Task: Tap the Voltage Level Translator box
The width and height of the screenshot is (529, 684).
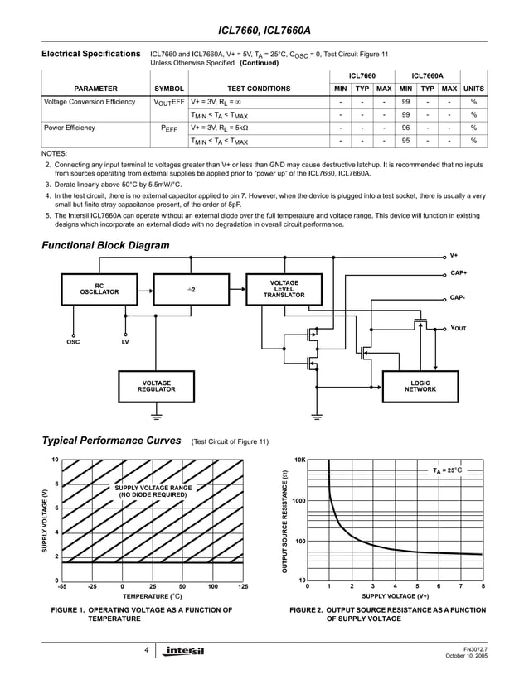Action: [284, 289]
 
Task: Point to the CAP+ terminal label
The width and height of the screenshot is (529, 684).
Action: [458, 272]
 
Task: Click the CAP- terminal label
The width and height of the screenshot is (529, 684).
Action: [457, 297]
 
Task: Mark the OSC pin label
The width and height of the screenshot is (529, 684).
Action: [73, 341]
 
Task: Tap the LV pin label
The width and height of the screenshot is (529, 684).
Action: [124, 341]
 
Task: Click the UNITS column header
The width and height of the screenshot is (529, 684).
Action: [473, 88]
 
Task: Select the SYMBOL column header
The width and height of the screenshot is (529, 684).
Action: [169, 88]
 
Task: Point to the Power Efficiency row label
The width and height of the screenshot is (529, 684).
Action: [70, 128]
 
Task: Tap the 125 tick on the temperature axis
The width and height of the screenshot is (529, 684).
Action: [242, 587]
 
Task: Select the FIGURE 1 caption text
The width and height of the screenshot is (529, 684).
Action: [141, 614]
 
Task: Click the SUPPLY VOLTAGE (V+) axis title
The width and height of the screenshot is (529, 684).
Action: [396, 596]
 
